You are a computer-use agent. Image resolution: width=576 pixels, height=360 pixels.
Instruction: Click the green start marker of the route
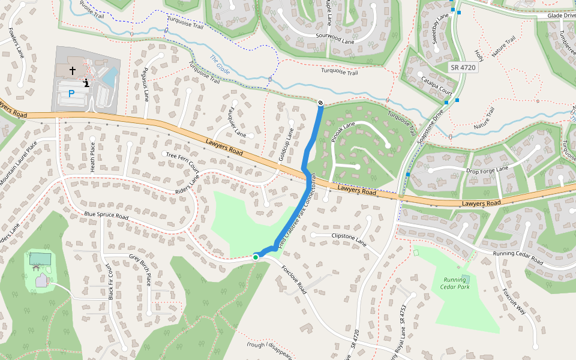(256, 257)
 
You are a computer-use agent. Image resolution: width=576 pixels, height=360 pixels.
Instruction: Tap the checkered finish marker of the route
(320, 103)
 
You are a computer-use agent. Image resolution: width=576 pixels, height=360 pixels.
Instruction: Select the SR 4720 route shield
(463, 68)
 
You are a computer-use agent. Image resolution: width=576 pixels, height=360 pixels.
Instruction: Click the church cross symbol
(73, 71)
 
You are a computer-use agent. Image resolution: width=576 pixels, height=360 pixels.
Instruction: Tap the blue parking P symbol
(71, 94)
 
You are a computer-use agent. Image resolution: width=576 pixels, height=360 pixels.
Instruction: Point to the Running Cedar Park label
(455, 283)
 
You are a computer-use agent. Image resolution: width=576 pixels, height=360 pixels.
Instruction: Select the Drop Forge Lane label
(487, 171)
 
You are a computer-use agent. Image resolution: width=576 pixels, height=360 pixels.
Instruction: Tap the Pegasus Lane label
(145, 84)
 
